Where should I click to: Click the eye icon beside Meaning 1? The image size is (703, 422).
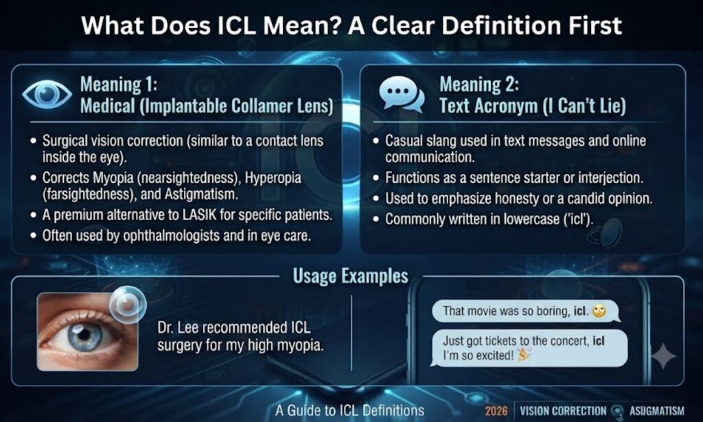point(47,94)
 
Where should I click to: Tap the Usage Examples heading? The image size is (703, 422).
point(351,276)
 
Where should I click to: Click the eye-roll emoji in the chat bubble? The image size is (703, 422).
point(599,311)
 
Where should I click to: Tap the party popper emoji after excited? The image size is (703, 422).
point(524,355)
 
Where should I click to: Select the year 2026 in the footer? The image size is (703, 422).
point(496,411)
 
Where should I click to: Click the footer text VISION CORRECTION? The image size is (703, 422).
point(563,411)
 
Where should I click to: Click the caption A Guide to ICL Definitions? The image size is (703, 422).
point(349,410)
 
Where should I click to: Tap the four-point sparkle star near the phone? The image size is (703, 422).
point(663,356)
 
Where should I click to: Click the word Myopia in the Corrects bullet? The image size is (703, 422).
point(113,178)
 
